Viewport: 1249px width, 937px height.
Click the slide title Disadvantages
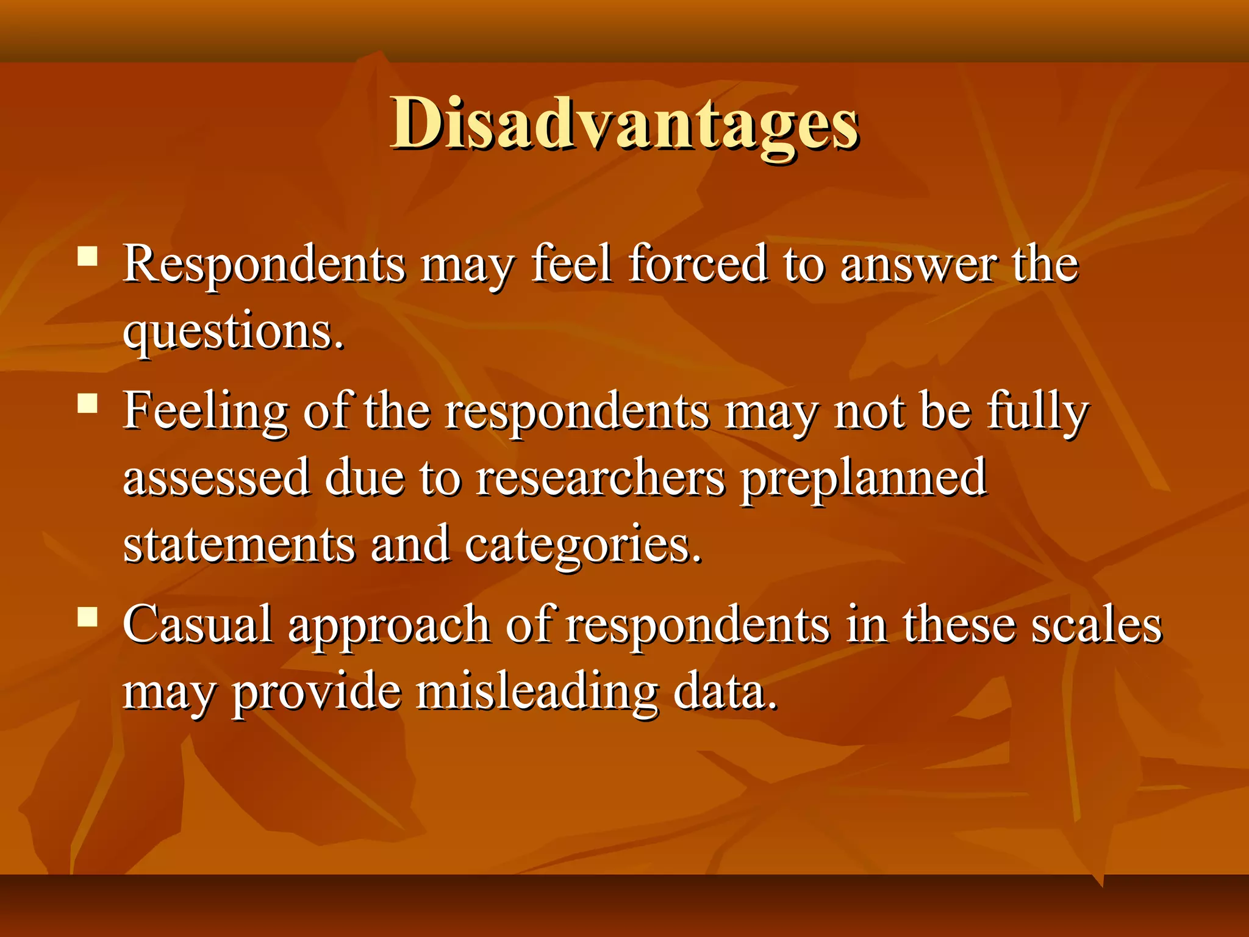click(x=624, y=125)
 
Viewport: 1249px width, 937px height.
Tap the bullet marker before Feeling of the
click(x=88, y=403)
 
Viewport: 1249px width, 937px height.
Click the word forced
click(x=698, y=264)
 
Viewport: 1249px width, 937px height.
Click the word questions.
click(x=233, y=332)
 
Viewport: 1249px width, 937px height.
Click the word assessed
click(x=217, y=478)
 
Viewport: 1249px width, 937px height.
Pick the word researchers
click(x=601, y=478)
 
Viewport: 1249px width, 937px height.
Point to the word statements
click(x=239, y=544)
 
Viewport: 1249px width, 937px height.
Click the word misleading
click(x=537, y=694)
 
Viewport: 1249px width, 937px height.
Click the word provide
click(x=317, y=694)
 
